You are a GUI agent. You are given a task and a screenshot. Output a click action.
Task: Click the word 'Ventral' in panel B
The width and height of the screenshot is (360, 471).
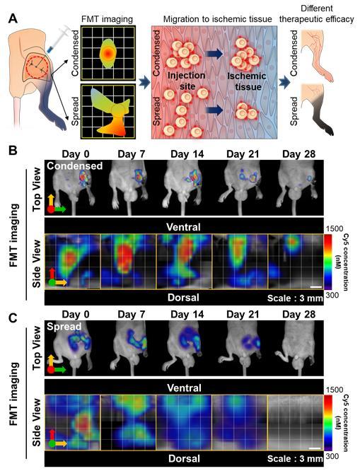[182, 227]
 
